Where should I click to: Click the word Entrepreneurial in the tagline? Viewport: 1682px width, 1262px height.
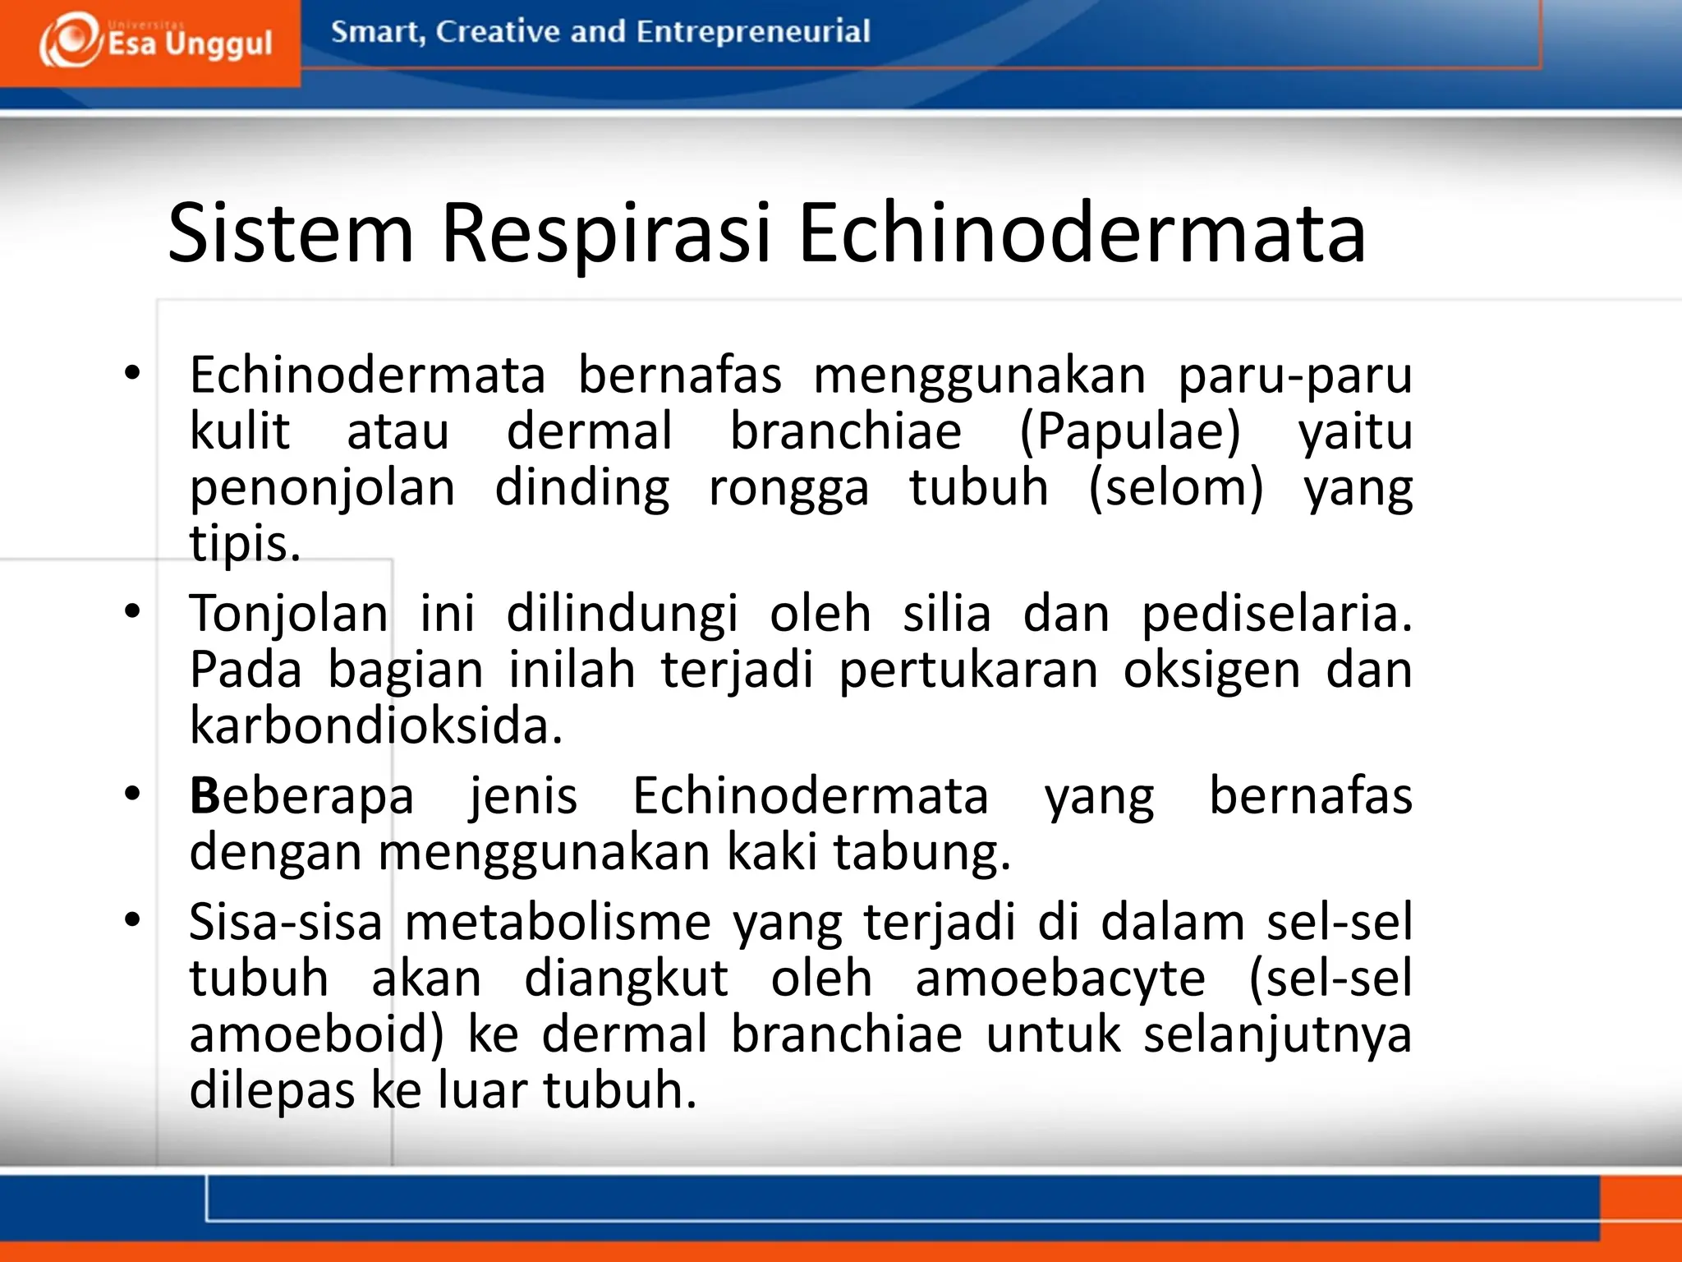click(752, 32)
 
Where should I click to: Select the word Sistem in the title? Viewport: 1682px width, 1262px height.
click(291, 234)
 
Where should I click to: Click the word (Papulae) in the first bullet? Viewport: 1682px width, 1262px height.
click(1130, 432)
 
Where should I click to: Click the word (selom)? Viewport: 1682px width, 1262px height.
click(1175, 488)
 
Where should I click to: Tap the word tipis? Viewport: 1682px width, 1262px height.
click(245, 544)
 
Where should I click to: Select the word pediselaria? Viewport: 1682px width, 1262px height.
click(1276, 615)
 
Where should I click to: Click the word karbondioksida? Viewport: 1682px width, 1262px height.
click(375, 726)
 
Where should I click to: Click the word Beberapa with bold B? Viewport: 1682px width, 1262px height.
click(301, 797)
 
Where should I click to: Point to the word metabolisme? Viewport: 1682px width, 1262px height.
click(558, 923)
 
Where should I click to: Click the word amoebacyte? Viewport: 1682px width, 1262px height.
click(1059, 979)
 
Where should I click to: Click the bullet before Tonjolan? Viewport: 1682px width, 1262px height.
click(132, 611)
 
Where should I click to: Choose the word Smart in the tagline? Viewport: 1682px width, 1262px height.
click(377, 32)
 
